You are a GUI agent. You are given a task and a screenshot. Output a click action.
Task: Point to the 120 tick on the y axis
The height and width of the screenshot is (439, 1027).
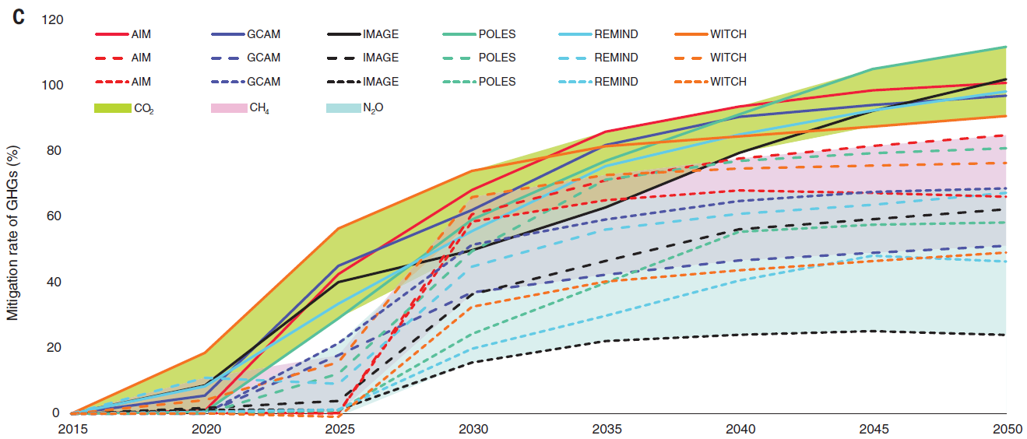(51, 18)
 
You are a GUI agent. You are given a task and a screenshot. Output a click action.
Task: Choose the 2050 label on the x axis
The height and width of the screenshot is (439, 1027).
(1007, 429)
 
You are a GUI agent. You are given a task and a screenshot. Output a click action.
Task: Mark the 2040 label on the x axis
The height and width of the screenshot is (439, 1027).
(740, 429)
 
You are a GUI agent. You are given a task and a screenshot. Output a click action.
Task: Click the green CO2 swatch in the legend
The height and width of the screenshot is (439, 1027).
(111, 108)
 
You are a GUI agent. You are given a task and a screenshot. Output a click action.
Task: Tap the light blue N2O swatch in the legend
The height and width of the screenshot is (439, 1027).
(343, 108)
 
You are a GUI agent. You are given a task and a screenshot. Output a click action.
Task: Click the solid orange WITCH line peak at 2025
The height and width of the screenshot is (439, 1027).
(339, 228)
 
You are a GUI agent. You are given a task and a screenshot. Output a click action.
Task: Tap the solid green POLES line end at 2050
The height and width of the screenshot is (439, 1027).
(1006, 47)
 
